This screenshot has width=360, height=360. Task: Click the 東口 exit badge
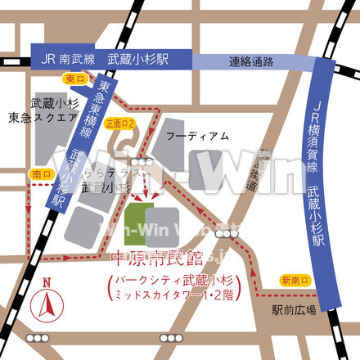pos(74,78)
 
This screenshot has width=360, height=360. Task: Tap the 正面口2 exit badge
pos(119,122)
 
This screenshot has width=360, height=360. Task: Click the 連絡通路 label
pos(250,61)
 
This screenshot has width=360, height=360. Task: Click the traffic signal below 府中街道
pos(223,233)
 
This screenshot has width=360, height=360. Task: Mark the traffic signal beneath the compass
pos(38,338)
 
